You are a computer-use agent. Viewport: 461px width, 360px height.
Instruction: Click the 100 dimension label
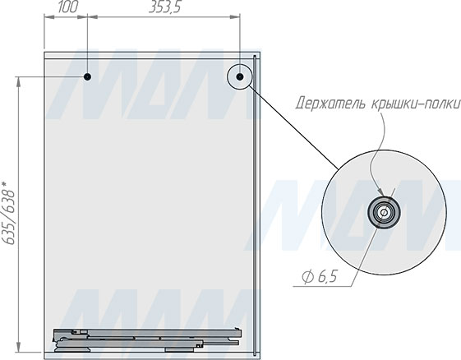tap(68, 7)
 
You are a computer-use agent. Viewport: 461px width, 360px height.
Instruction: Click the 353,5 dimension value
tap(164, 7)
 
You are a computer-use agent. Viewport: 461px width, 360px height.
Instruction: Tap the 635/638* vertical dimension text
tap(8, 213)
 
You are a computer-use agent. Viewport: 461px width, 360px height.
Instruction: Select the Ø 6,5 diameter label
tap(320, 277)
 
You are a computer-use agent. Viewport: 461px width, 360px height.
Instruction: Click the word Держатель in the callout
tap(331, 104)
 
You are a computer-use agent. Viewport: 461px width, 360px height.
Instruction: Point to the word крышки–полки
tap(415, 104)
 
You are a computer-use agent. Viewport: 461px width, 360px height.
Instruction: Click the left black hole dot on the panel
tap(87, 77)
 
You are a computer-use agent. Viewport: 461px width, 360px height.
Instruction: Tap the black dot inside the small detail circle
tap(240, 77)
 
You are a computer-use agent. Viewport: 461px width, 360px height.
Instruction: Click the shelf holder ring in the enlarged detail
tap(384, 212)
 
